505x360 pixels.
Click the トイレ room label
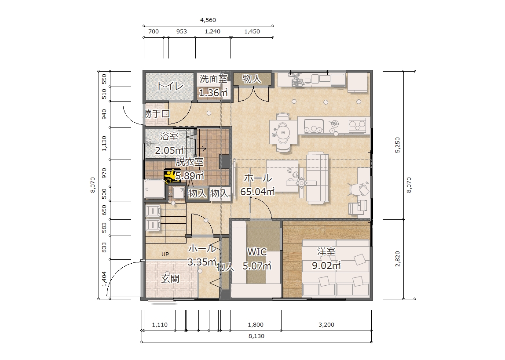point(170,86)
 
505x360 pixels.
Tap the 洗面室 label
point(213,79)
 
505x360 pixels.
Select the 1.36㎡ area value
point(213,93)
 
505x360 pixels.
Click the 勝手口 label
point(157,113)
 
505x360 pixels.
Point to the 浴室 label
point(169,136)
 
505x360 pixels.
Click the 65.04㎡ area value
point(257,191)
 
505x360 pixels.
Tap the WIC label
point(257,252)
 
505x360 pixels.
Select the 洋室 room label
point(326,251)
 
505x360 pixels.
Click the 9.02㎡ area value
point(326,265)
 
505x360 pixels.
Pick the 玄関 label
point(170,279)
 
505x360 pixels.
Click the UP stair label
point(165,254)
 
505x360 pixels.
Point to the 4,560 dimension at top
point(208,20)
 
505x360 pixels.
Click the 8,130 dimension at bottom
point(256,336)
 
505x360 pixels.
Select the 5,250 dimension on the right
point(397,145)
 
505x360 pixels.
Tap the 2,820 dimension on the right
point(397,259)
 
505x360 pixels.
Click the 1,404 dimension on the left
point(104,279)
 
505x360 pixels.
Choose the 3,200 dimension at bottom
point(326,324)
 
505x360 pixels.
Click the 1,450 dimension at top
point(252,32)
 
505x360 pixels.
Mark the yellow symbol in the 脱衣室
point(170,176)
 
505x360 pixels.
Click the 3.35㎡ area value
point(202,262)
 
